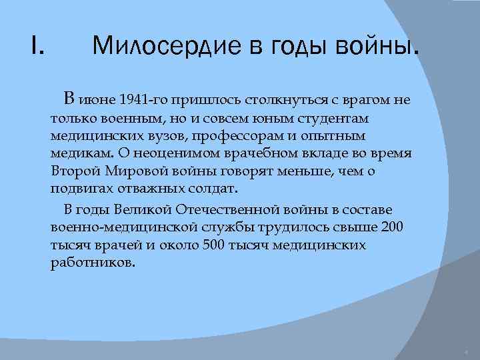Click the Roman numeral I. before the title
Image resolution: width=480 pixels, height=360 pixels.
[37, 46]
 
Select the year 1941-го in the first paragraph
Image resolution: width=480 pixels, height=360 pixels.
[145, 101]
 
